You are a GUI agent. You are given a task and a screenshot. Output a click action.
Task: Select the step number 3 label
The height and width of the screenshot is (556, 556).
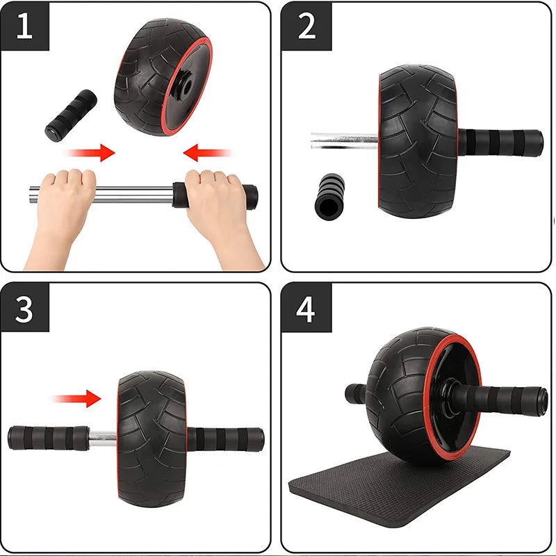click(24, 307)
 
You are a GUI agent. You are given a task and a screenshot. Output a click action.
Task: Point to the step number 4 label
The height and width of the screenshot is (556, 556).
click(306, 307)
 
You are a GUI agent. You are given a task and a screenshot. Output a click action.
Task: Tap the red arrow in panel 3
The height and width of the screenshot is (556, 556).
click(78, 398)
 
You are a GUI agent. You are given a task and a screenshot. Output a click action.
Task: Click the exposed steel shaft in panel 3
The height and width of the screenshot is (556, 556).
click(103, 438)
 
